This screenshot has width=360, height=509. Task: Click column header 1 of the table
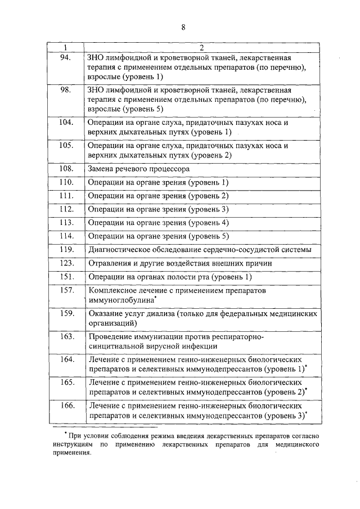point(66,47)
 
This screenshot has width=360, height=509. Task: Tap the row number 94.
point(66,57)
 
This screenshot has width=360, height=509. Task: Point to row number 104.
point(66,121)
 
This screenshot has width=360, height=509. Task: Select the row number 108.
point(66,169)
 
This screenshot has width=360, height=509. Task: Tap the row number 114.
point(66,236)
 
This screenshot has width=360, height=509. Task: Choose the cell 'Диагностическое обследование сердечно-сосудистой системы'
point(200,250)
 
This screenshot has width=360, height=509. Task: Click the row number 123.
point(66,263)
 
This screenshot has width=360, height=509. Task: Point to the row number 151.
point(66,277)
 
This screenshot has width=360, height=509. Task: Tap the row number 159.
point(66,313)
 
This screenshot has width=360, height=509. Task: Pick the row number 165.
point(66,382)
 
